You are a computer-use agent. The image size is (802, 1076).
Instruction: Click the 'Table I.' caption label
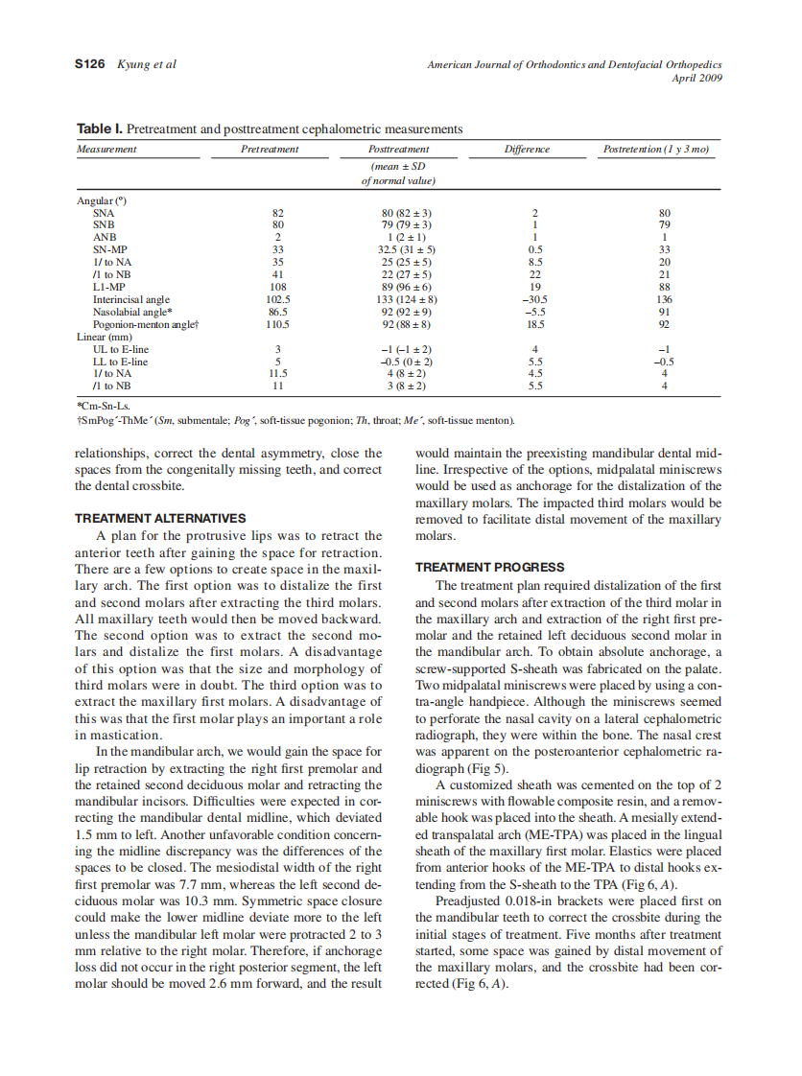tap(99, 129)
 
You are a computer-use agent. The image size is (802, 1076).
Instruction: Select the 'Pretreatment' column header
tap(270, 150)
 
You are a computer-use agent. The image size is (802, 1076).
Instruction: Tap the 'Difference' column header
tap(527, 150)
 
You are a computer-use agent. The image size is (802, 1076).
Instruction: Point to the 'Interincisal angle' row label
tap(130, 299)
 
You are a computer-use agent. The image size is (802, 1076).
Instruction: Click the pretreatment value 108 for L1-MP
tap(278, 287)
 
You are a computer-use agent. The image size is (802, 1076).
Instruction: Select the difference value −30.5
tap(537, 299)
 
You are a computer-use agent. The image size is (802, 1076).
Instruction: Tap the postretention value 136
tap(665, 299)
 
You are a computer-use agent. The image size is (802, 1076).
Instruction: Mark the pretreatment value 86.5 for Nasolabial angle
tap(278, 312)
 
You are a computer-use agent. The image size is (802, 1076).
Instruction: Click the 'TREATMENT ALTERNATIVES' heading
tap(160, 518)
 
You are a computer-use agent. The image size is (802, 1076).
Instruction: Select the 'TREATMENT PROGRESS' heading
tap(489, 567)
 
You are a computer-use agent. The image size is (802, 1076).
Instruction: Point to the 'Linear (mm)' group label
tap(104, 337)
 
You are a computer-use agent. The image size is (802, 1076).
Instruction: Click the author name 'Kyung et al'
tap(146, 64)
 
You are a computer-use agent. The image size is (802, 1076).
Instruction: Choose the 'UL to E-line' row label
tap(120, 349)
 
